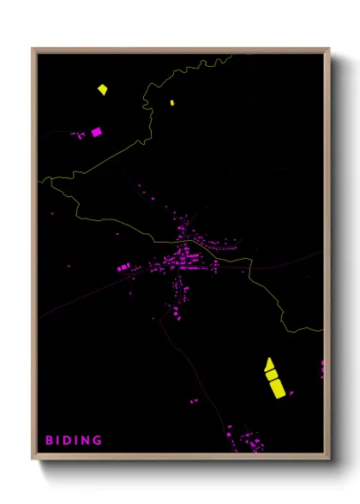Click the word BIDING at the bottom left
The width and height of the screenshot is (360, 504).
coord(73,441)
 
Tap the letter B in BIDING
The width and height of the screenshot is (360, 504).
coord(49,441)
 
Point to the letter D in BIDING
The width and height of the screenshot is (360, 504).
coord(69,441)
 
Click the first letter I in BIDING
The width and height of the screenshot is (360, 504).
coord(59,441)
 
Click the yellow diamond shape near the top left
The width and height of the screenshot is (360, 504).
coord(102,88)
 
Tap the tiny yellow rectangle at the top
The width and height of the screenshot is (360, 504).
coord(172,103)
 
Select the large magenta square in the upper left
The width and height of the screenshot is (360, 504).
coord(96,132)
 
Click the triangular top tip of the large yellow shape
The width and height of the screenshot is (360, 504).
coord(268,363)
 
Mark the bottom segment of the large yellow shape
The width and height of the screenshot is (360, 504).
coord(276,388)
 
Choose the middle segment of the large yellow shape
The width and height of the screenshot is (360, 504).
coord(272,375)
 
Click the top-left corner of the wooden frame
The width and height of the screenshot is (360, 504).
coord(33,49)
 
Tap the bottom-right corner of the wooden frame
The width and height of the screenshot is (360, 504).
coord(328,459)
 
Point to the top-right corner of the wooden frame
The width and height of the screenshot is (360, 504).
coord(328,49)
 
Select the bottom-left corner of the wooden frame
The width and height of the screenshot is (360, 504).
coord(33,459)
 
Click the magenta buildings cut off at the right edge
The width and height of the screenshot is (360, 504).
coord(322,369)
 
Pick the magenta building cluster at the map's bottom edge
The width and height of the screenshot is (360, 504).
coord(249,443)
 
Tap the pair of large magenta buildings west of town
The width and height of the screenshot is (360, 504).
coord(128,268)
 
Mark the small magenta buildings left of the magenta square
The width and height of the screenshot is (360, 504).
coord(79,135)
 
